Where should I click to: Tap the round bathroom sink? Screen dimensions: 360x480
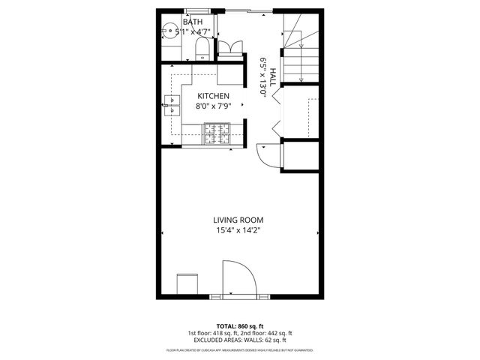(170, 32)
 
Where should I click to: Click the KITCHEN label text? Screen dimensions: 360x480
(213, 96)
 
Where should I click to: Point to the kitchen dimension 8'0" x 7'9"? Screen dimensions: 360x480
(213, 106)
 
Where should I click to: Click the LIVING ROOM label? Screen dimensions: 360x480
(239, 220)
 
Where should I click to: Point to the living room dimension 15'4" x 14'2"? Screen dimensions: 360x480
(239, 230)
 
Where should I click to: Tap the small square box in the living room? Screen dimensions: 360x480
(186, 284)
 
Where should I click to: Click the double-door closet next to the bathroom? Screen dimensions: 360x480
(231, 46)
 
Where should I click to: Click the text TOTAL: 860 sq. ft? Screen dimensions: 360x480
(239, 326)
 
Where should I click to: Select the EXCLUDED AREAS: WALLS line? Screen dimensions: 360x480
(239, 341)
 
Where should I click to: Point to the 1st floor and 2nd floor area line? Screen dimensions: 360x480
(239, 334)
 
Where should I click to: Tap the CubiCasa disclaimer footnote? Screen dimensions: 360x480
(239, 350)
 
